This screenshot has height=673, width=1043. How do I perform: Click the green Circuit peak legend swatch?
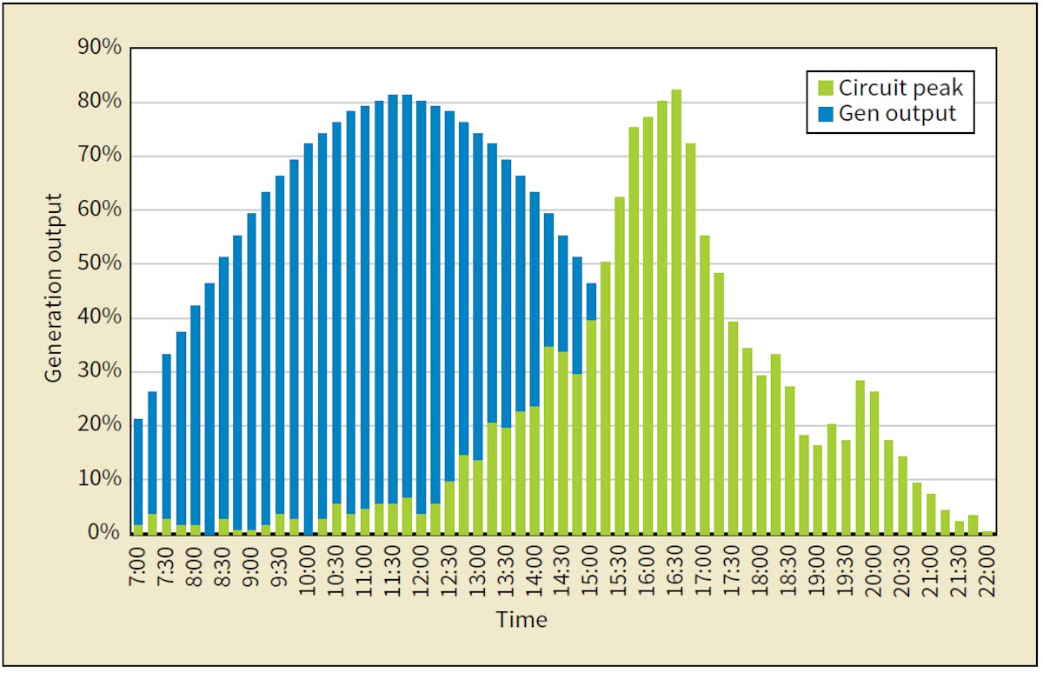[825, 88]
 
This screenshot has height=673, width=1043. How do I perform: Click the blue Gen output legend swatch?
[825, 114]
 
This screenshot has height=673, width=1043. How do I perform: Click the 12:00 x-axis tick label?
[422, 568]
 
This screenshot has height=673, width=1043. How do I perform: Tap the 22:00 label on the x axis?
[989, 568]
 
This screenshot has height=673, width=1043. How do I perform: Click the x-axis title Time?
[521, 620]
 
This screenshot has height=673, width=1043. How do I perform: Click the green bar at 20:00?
[874, 462]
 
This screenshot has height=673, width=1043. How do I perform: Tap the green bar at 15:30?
[620, 365]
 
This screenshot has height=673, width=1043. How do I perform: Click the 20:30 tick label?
[904, 568]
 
